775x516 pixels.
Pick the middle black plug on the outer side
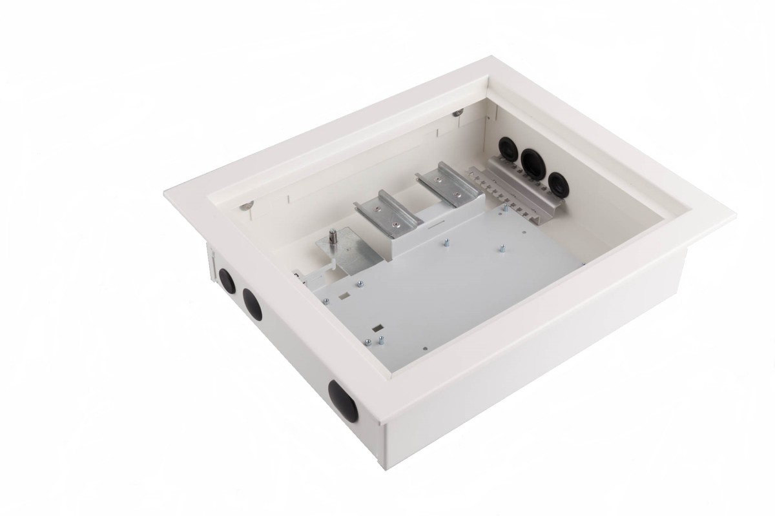tap(252, 303)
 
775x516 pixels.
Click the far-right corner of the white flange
tap(736, 209)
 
